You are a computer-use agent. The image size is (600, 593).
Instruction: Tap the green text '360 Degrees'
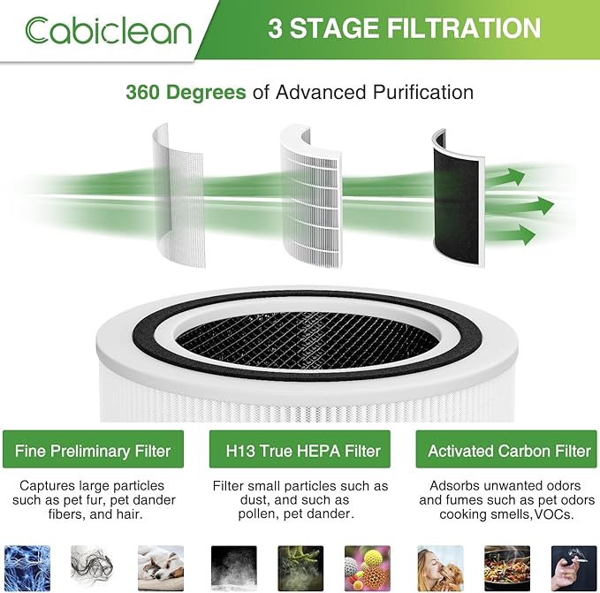[179, 92]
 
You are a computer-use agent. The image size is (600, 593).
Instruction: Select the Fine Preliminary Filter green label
[94, 450]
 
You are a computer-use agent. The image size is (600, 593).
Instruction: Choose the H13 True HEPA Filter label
[300, 450]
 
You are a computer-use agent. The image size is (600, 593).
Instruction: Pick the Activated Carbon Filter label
[509, 450]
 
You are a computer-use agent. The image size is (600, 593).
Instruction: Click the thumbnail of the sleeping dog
[160, 566]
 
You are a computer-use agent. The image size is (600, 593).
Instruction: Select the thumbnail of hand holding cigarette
[574, 566]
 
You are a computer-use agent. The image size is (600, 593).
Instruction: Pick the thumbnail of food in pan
[506, 566]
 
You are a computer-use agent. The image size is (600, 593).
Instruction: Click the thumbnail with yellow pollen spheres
[367, 566]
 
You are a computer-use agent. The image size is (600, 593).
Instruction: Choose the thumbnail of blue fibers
[27, 566]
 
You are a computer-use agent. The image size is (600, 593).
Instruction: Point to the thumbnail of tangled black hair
[94, 566]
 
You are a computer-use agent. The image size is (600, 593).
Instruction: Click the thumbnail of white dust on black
[233, 566]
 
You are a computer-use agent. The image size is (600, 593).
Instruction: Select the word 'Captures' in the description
[48, 486]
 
